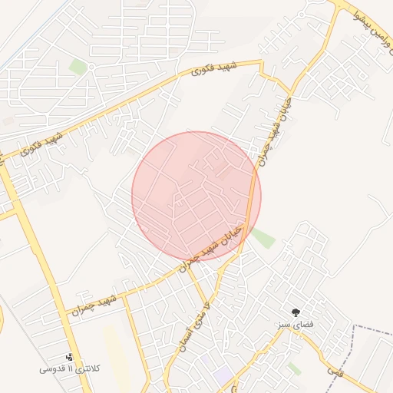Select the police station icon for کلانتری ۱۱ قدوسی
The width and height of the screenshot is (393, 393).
point(71,357)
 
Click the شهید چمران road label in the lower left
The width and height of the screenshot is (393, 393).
point(94,302)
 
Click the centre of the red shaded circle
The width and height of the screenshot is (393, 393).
point(196,196)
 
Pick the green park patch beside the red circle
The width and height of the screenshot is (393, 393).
point(263,238)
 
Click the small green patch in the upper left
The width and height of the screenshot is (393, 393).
point(78,67)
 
